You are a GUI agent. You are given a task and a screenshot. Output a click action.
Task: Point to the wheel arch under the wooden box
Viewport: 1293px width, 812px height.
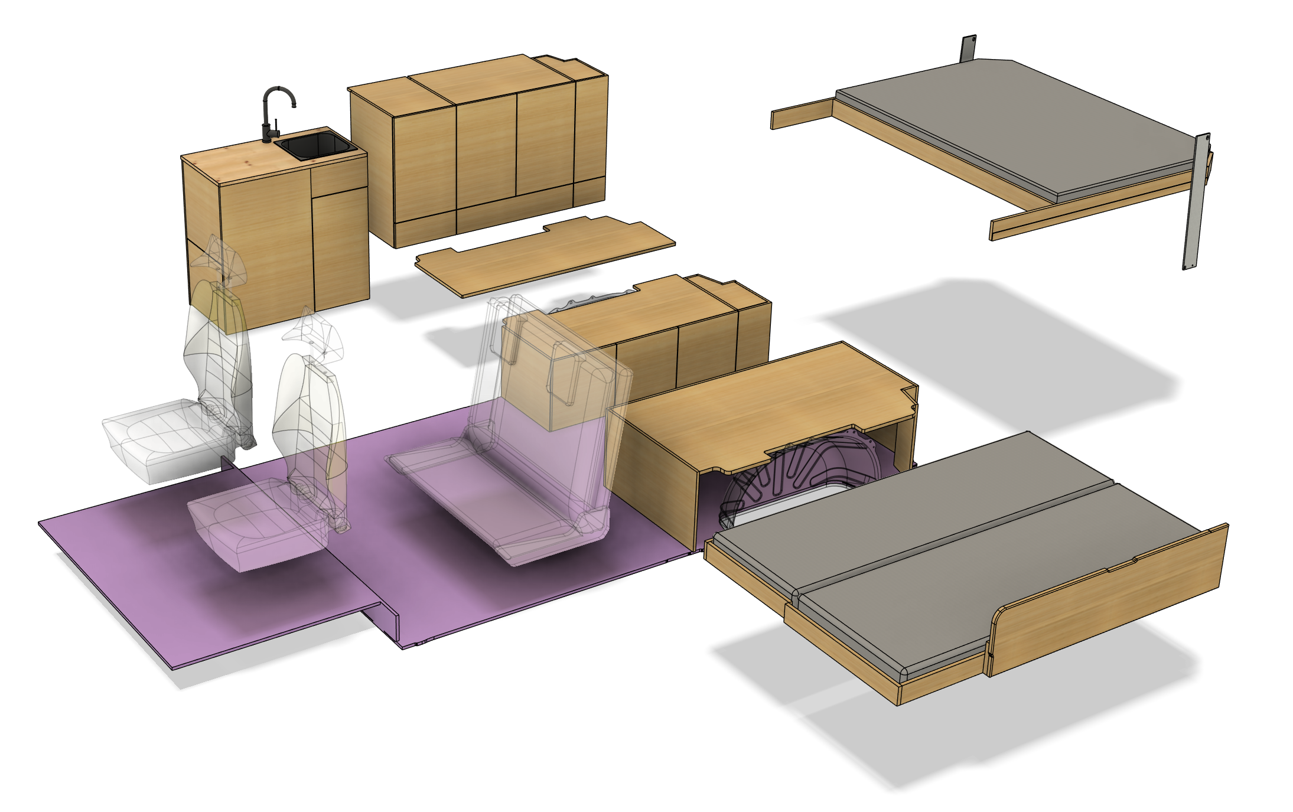pos(797,472)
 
